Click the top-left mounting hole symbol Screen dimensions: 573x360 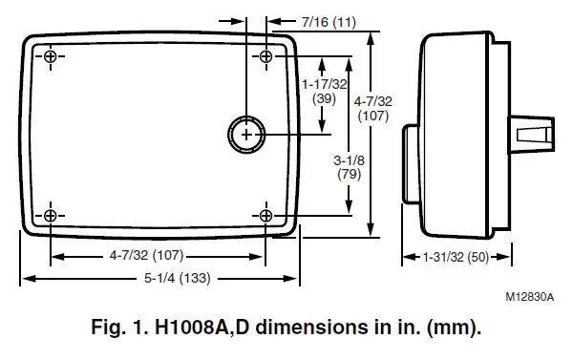(51, 56)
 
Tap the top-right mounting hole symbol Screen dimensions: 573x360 (266, 56)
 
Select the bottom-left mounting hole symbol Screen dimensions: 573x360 (51, 215)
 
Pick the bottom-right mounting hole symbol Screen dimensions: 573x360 (266, 215)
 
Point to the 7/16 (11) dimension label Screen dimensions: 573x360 (329, 22)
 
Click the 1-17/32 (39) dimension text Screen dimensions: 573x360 (324, 92)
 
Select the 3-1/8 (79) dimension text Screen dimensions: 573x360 (349, 167)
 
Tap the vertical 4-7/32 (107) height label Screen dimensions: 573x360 (372, 108)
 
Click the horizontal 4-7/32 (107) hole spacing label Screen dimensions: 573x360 (146, 255)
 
